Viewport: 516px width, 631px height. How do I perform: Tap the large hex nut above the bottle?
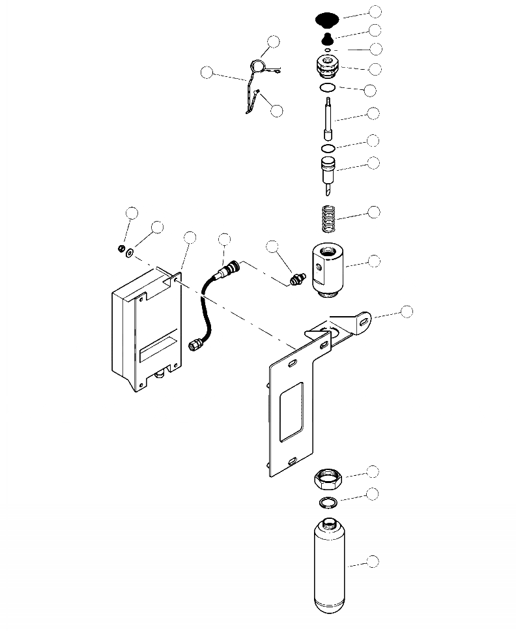coord(329,480)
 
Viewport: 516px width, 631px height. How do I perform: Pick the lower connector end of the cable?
coord(195,344)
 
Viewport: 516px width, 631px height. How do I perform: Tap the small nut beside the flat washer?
coord(121,248)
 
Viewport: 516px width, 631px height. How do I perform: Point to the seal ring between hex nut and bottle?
coord(328,502)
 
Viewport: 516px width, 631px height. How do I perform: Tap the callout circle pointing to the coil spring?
coord(373,213)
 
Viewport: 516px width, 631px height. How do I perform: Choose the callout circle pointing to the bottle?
coord(373,561)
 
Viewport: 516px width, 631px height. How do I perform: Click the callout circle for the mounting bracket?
coord(406,311)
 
